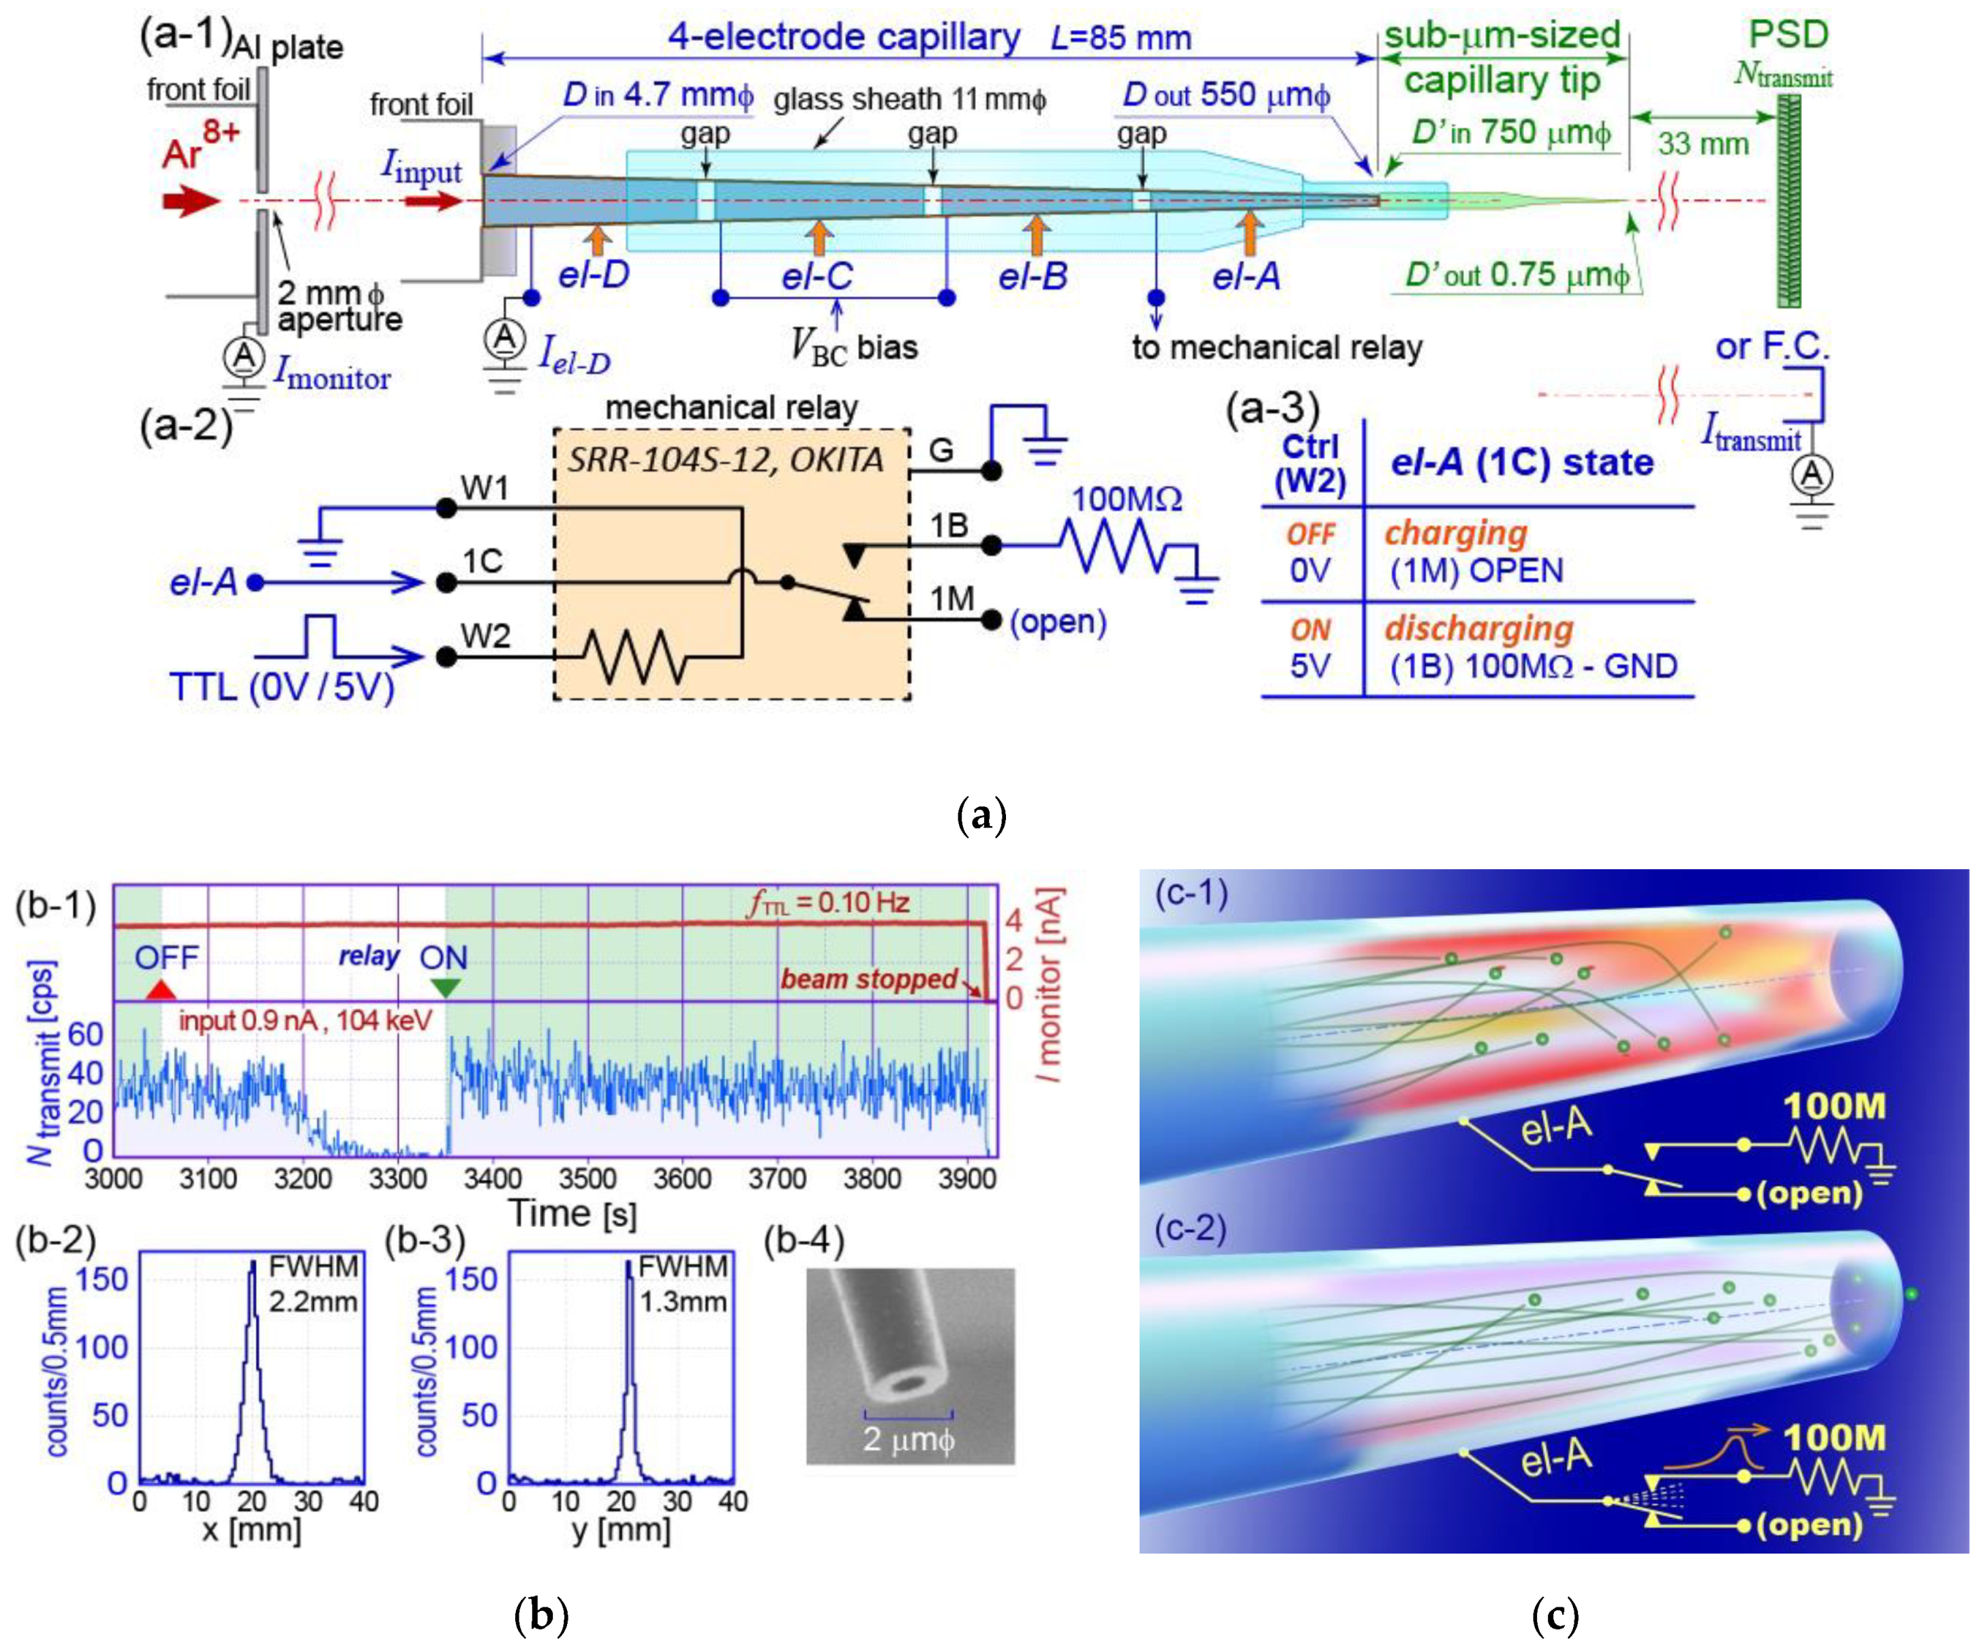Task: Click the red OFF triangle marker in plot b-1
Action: tap(162, 990)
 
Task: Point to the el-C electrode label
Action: tap(817, 277)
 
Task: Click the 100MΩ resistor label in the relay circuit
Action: tap(1126, 499)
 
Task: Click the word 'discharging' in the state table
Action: tap(1479, 628)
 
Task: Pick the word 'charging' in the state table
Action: tap(1455, 533)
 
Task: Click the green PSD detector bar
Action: tap(1788, 200)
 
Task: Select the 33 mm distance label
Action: tap(1703, 145)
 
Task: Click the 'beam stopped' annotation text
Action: tap(868, 979)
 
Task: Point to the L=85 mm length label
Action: tap(1121, 37)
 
